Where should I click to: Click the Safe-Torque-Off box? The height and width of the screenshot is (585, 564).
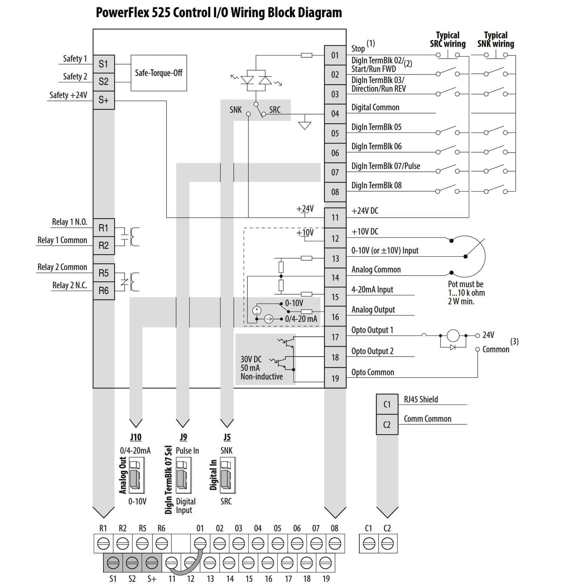(159, 73)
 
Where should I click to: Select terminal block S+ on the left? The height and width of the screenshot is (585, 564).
(103, 100)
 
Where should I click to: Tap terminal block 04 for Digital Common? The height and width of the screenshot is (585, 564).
(335, 114)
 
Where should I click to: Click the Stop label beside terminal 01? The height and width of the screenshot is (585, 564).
(358, 48)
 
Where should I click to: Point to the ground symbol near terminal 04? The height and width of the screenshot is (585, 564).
(305, 125)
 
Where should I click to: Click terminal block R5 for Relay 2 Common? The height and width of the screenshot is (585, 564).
(103, 273)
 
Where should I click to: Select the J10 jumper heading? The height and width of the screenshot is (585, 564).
(136, 437)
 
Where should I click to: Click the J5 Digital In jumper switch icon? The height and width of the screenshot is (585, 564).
(226, 475)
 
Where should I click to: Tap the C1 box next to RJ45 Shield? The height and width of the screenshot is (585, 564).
(387, 405)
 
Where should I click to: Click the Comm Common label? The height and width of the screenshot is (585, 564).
(427, 419)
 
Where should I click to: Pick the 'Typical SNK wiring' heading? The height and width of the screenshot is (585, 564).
(496, 39)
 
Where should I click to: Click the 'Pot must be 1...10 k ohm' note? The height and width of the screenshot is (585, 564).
(466, 292)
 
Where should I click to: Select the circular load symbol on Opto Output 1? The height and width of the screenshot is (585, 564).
(453, 336)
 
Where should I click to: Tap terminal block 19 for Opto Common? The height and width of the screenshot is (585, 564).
(335, 378)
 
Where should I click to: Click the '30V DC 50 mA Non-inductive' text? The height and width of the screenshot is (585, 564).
(261, 368)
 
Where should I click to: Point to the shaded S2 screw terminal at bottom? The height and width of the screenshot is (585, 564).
(132, 563)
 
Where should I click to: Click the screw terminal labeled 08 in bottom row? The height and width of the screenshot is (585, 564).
(335, 544)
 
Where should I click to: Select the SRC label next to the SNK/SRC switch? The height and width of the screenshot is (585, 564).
(275, 110)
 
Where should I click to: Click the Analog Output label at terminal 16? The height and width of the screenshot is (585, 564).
(373, 310)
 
